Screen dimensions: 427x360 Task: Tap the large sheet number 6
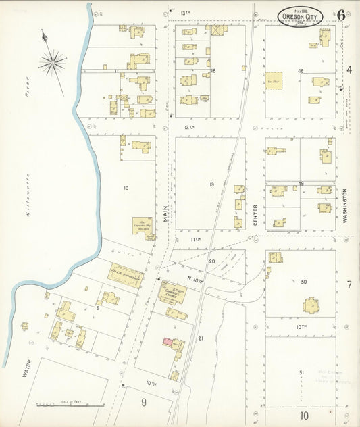pyautogui.click(x=342, y=15)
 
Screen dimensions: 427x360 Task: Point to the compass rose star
pyautogui.click(x=53, y=64)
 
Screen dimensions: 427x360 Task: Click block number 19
pyautogui.click(x=211, y=184)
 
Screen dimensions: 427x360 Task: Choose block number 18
pyautogui.click(x=213, y=70)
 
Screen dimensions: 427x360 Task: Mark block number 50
pyautogui.click(x=303, y=280)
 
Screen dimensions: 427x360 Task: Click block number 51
pyautogui.click(x=302, y=372)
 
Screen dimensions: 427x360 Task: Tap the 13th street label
pyautogui.click(x=186, y=13)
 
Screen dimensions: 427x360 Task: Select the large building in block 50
pyautogui.click(x=312, y=307)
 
